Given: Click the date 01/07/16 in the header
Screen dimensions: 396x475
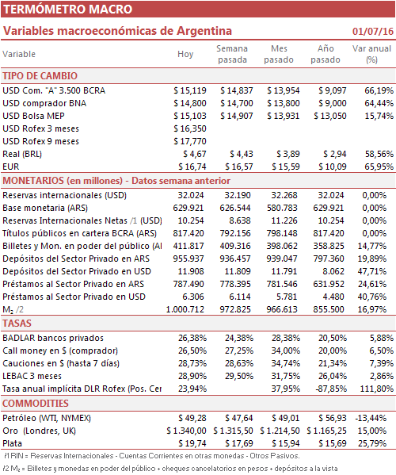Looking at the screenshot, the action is point(373,31).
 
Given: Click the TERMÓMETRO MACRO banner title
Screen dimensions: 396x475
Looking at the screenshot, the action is point(68,9).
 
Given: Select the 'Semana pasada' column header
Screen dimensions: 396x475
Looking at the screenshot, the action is point(232,54).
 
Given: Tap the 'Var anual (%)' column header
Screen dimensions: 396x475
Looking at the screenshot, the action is point(371,54).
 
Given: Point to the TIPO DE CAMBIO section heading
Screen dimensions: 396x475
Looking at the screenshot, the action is point(40,76).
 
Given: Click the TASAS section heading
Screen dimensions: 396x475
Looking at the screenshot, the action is point(17,324).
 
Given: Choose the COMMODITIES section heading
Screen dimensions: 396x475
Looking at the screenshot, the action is point(36,403).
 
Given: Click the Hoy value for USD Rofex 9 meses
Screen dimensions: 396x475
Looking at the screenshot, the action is point(190,141).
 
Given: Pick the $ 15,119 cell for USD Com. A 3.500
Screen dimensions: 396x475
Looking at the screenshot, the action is point(190,90).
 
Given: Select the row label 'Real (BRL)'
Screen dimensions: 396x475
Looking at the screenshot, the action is point(22,154).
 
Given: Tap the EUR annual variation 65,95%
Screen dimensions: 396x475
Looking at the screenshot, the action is point(379,167).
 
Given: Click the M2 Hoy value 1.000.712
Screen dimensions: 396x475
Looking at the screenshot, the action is point(185,309).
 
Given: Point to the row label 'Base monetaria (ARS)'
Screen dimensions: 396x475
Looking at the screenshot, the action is point(45,208).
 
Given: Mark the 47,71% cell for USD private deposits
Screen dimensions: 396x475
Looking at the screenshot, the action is point(371,271).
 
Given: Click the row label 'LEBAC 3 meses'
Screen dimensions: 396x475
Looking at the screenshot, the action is point(32,376).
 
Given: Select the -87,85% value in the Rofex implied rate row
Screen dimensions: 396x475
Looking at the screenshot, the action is point(331,389).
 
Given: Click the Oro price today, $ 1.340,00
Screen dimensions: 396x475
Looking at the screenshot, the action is point(186,431).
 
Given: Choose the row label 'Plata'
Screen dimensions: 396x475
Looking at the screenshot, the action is point(13,443).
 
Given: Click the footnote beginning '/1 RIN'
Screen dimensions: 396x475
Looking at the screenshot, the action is point(152,456).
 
